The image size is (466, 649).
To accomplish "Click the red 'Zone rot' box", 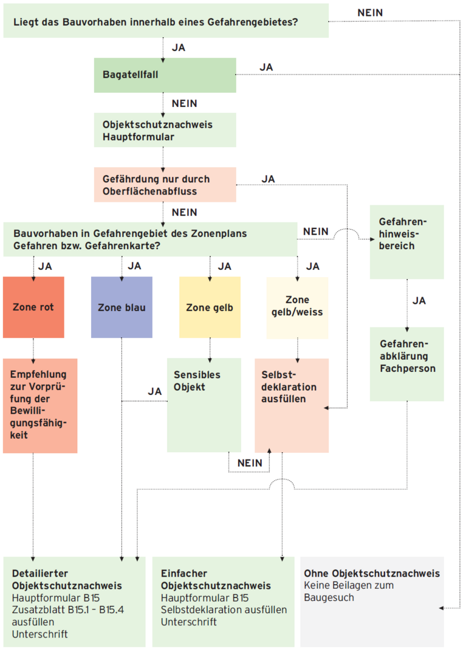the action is (33, 307).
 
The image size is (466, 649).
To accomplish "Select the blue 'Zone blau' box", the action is (122, 307).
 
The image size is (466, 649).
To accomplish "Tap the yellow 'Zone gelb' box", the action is (210, 307).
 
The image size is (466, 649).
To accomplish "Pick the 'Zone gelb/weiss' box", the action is (298, 307).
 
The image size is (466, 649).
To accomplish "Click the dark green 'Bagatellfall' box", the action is (165, 75).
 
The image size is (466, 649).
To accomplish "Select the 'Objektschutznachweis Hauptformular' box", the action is (165, 130).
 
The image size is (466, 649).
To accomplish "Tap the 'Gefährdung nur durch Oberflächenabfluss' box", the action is (165, 185).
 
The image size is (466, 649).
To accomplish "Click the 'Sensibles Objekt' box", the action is (204, 405).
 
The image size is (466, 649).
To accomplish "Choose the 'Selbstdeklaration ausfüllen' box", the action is (292, 406).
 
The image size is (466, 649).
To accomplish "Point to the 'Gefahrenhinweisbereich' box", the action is (407, 242).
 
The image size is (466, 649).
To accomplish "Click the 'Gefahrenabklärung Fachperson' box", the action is (407, 364).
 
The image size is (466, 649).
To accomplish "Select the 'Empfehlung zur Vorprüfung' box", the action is (40, 406).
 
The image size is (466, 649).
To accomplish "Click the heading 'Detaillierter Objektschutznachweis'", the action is (67, 580).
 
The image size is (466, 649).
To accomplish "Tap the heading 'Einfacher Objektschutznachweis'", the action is (216, 580).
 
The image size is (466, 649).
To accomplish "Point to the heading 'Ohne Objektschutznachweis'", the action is (372, 573).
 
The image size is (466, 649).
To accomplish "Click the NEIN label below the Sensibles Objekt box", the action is (250, 462).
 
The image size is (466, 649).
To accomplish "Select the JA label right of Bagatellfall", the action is (266, 67).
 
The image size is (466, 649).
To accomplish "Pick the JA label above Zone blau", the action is (134, 266).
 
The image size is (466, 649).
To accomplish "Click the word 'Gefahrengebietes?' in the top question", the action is (253, 22).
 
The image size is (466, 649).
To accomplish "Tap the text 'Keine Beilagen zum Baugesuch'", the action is (349, 591).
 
